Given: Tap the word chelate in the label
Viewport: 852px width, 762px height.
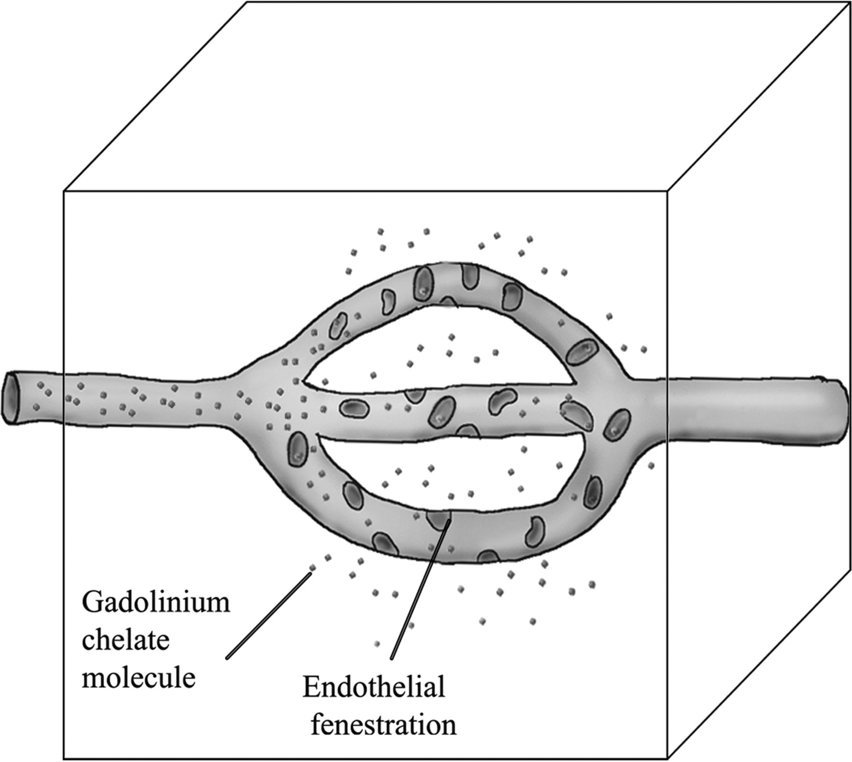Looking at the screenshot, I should pos(125,641).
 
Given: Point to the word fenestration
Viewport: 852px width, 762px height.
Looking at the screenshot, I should pos(383,724).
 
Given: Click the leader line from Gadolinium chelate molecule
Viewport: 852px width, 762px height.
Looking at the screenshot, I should pos(268,616).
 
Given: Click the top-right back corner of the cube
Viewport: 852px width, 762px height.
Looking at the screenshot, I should pos(849,2).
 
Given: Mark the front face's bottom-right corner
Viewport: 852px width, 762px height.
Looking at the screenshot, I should pos(667,759).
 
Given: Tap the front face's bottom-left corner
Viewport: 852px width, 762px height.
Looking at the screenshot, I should pos(64,759).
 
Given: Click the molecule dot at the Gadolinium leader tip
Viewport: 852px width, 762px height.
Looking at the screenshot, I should pos(312,567).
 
